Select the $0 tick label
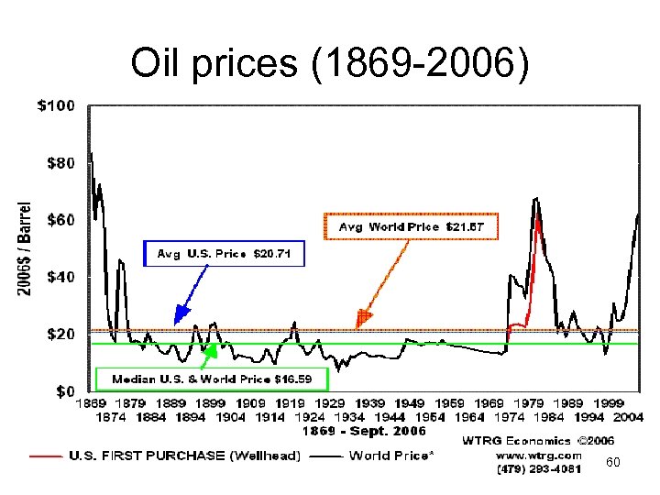(61, 391)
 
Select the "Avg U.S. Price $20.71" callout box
(224, 253)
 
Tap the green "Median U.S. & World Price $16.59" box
(210, 379)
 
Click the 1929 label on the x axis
(330, 403)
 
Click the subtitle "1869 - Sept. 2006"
(365, 430)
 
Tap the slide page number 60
(613, 464)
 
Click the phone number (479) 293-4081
(537, 470)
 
